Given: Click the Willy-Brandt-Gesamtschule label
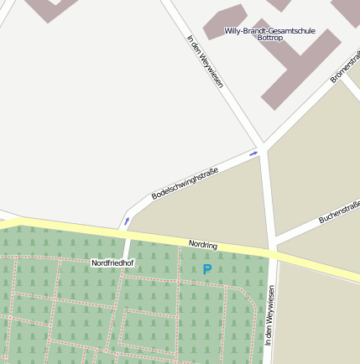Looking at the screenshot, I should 269,31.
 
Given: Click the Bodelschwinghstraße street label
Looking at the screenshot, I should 185,184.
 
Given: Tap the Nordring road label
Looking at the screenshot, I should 202,245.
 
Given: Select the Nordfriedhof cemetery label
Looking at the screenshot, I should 112,263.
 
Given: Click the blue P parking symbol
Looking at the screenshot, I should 207,269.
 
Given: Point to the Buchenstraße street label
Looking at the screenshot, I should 340,213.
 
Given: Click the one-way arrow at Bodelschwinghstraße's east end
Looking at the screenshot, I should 253,153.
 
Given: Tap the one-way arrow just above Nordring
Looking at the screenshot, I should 127,222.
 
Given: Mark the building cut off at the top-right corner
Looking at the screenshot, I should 346,10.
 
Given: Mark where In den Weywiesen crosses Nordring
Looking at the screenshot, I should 272,252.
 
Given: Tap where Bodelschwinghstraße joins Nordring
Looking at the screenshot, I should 125,231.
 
